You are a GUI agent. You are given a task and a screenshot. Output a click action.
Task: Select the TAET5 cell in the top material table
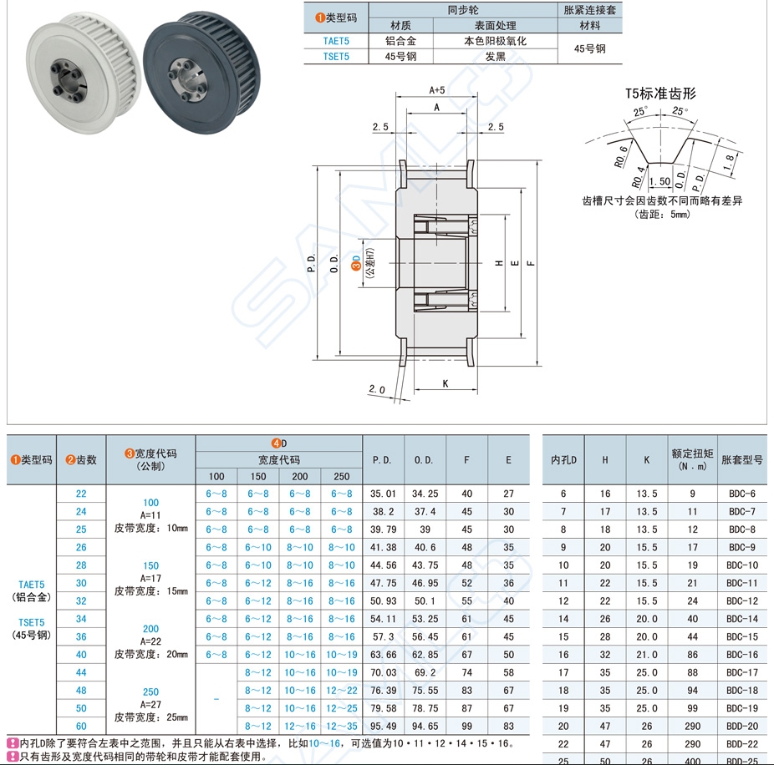(x=336, y=41)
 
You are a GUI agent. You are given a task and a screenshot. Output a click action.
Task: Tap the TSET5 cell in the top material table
(x=336, y=57)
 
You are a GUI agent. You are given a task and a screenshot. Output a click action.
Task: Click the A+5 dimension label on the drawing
(x=437, y=90)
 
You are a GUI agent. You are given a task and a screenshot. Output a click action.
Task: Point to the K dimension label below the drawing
(x=446, y=383)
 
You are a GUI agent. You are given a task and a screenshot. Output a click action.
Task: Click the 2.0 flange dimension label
(x=377, y=390)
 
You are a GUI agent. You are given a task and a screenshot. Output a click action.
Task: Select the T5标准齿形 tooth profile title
(x=660, y=94)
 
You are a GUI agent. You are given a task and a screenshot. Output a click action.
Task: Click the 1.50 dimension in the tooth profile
(x=660, y=181)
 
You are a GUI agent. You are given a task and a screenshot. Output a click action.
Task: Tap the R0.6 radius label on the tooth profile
(x=621, y=157)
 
